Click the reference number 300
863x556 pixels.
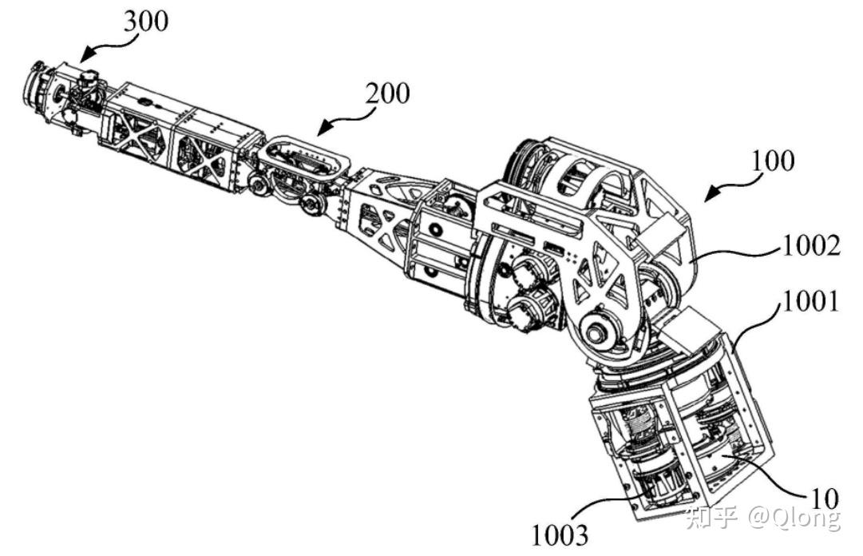click(145, 22)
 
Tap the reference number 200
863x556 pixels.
click(387, 94)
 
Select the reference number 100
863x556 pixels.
click(772, 161)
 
